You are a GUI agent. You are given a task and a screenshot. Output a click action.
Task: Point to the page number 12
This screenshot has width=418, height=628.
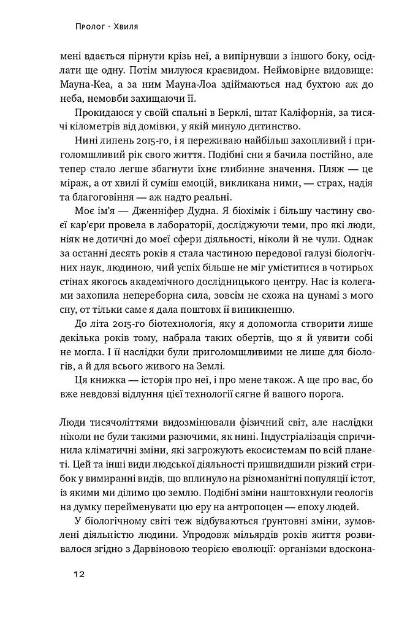[x=77, y=574]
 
